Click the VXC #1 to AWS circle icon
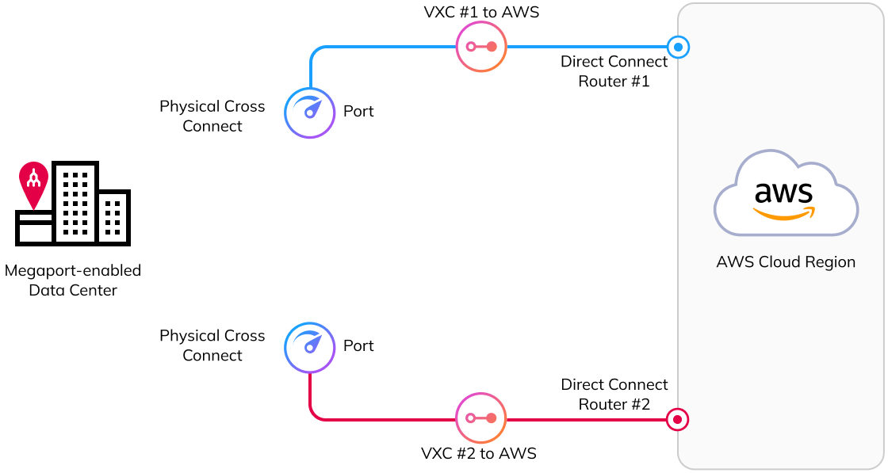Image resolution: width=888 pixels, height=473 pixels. coord(481,47)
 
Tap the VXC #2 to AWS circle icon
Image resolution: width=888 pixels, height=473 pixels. coord(481,418)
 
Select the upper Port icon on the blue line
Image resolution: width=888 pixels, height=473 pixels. coord(310,113)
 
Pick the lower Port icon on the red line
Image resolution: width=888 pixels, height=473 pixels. coord(310,347)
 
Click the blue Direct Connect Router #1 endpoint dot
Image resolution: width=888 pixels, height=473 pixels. coord(678,47)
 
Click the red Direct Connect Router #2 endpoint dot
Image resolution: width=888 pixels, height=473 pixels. coord(678,419)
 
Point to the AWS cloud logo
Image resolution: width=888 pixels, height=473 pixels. coord(785,195)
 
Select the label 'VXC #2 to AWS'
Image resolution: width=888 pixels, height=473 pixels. coord(479,453)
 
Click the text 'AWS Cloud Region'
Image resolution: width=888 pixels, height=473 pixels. coord(786,262)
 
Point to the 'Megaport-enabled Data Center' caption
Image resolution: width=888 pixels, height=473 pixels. coord(73,280)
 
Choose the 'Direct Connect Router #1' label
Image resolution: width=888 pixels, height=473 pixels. coord(614,71)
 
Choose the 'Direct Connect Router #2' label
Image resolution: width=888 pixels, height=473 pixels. coord(614,394)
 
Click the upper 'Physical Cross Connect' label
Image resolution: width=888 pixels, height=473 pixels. coord(212,116)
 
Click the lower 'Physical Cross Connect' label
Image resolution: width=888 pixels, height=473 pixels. coord(212,345)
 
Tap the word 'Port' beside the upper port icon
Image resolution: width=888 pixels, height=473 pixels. coord(358,112)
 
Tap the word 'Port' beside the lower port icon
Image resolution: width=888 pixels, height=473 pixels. coord(358,346)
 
